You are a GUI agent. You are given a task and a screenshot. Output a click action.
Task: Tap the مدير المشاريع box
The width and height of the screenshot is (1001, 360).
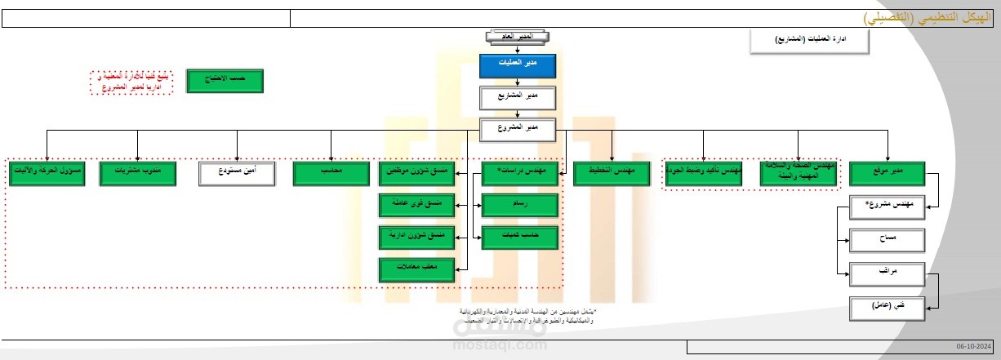(517, 97)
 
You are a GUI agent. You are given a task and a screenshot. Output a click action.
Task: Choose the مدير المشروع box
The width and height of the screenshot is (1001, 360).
(517, 128)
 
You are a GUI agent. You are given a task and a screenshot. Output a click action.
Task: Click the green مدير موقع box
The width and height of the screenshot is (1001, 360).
(887, 173)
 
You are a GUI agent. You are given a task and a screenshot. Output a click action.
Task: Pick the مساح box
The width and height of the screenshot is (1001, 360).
(888, 241)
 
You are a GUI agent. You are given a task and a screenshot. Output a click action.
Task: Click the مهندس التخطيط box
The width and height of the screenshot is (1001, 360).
(611, 173)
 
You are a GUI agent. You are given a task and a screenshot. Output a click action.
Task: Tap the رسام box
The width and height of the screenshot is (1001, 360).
(519, 206)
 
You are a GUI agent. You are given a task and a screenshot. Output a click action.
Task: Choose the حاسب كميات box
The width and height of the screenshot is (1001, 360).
(519, 238)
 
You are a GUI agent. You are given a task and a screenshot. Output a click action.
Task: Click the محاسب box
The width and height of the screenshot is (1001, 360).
(331, 173)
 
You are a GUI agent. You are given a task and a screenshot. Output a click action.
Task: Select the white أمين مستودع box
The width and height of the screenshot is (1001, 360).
(237, 173)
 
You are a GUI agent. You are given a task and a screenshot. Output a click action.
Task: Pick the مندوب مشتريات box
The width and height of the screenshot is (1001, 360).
(136, 173)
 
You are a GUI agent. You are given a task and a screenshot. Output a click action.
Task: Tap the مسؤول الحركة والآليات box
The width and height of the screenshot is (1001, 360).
(47, 173)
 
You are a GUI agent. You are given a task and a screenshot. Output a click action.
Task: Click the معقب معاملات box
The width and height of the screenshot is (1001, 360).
(417, 269)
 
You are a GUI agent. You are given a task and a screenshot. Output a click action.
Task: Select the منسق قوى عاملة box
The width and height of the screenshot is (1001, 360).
(417, 206)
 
